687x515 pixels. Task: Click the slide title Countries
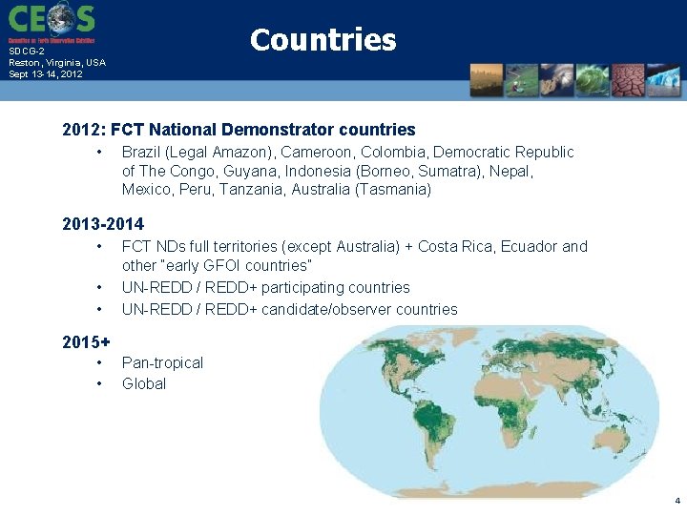(x=323, y=40)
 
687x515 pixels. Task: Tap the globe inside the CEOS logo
(x=61, y=17)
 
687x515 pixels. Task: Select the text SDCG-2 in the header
(x=27, y=52)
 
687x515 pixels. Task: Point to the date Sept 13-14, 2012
(x=45, y=73)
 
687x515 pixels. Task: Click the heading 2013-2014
(x=103, y=224)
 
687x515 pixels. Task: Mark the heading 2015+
(x=86, y=341)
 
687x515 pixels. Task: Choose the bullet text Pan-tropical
(x=162, y=362)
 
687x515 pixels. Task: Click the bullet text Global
(x=144, y=383)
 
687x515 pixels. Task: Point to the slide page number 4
(x=677, y=501)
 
